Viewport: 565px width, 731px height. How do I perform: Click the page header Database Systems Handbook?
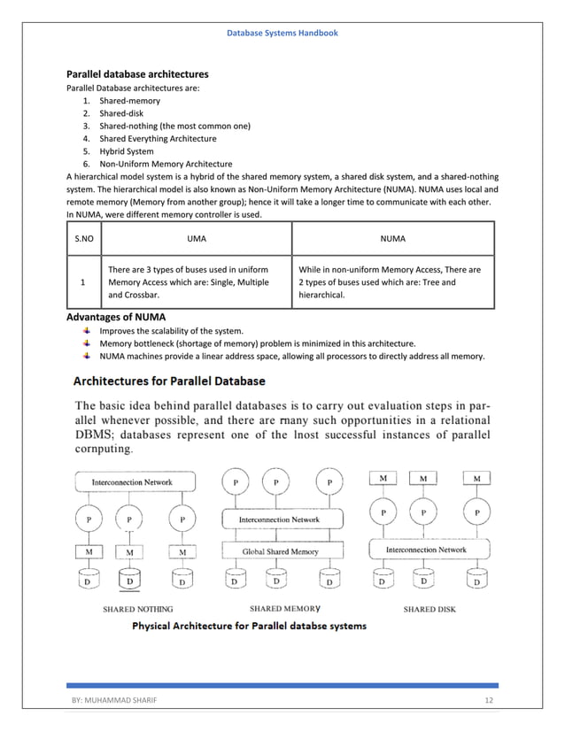pyautogui.click(x=282, y=33)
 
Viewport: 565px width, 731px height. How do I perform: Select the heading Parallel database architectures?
pyautogui.click(x=137, y=74)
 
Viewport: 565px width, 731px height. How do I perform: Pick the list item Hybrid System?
pyautogui.click(x=126, y=151)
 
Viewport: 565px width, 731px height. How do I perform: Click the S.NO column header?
pyautogui.click(x=82, y=238)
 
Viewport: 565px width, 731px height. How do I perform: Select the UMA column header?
pyautogui.click(x=197, y=238)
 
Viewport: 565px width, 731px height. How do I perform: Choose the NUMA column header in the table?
pyautogui.click(x=393, y=238)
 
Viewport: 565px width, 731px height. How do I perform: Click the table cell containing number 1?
pyautogui.click(x=82, y=282)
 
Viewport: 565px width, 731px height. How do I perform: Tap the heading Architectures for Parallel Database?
pyautogui.click(x=168, y=381)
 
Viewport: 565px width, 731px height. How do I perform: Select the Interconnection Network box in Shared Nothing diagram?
pyautogui.click(x=132, y=482)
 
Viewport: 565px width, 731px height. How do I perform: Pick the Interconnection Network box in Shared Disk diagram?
pyautogui.click(x=426, y=550)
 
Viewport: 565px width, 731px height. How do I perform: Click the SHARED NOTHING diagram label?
pyautogui.click(x=138, y=609)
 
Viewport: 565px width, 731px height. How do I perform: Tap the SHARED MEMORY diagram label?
pyautogui.click(x=285, y=609)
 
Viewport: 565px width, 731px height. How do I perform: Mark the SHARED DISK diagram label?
pyautogui.click(x=430, y=609)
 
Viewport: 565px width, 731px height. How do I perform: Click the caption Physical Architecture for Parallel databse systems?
pyautogui.click(x=249, y=626)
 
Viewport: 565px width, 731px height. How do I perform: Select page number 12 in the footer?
pyautogui.click(x=488, y=700)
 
